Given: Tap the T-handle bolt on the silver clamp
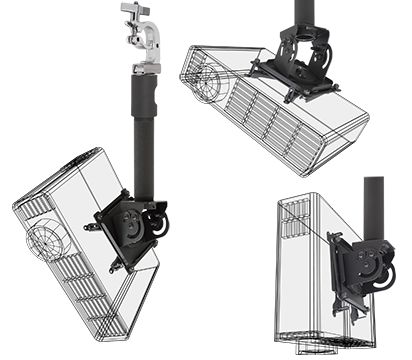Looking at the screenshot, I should [133, 10].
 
